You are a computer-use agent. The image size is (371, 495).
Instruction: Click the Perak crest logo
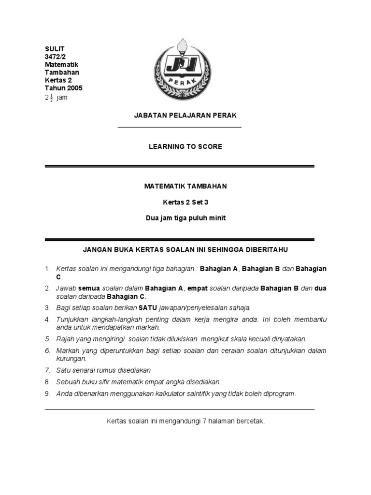coord(185,70)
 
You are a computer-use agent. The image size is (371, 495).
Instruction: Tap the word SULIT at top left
coord(55,49)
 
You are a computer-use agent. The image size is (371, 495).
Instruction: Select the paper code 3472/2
coord(56,57)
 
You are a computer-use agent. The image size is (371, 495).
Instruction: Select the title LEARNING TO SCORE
coord(185,146)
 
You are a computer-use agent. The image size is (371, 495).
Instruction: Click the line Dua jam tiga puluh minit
coord(185,218)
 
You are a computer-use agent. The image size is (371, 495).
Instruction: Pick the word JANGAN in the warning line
coord(98,249)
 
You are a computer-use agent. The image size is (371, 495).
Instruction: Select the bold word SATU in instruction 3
coord(147,307)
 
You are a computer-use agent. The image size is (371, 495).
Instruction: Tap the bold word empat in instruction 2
coord(198,289)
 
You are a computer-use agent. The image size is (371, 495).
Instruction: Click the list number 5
coord(47,339)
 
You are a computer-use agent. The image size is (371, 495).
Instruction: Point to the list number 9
coord(47,393)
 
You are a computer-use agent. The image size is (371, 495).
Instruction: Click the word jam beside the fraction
coord(62,98)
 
